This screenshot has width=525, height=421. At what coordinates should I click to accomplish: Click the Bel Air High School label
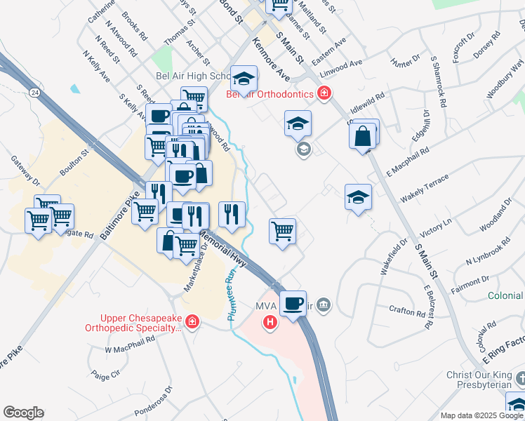pyautogui.click(x=191, y=76)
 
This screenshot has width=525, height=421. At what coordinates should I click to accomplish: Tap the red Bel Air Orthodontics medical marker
pyautogui.click(x=324, y=93)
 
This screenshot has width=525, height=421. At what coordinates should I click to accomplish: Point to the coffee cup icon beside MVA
pyautogui.click(x=293, y=304)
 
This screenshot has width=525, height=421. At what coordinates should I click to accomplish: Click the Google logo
pyautogui.click(x=23, y=413)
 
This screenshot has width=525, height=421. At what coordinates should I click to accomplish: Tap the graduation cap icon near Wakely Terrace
pyautogui.click(x=358, y=198)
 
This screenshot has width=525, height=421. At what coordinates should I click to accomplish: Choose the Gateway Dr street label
pyautogui.click(x=27, y=171)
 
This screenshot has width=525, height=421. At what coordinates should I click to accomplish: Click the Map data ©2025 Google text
pyautogui.click(x=481, y=415)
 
